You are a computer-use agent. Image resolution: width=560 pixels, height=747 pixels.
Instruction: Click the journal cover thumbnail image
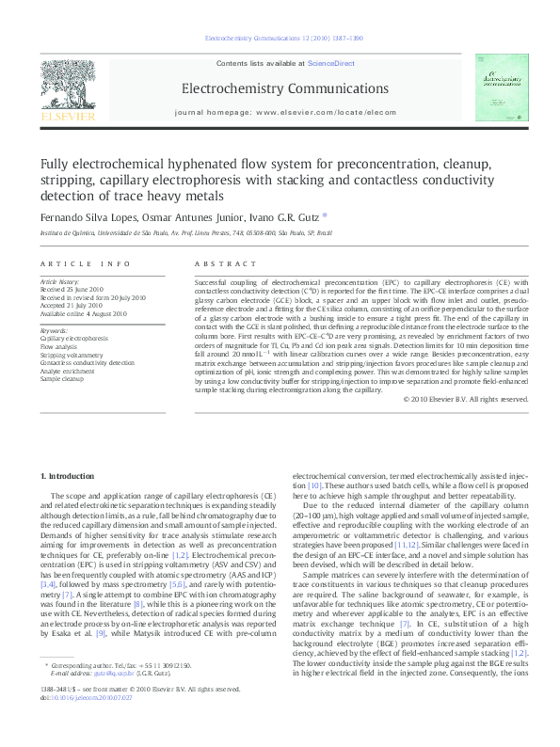(x=496, y=87)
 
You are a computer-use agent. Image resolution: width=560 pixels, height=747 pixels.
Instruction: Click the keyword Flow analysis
(x=59, y=346)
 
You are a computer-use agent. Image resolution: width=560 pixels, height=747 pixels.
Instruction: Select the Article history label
(x=59, y=281)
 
